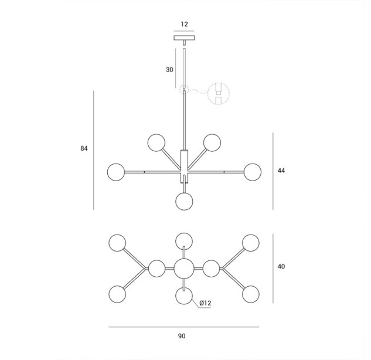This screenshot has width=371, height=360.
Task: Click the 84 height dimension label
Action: [84, 148]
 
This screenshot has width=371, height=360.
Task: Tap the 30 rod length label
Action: [169, 70]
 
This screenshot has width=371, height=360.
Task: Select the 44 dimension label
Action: [281, 171]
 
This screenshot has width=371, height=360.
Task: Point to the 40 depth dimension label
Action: [281, 267]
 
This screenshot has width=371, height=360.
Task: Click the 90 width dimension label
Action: [182, 336]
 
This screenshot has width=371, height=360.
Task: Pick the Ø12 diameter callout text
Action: [205, 303]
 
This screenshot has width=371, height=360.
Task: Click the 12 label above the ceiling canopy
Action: [184, 24]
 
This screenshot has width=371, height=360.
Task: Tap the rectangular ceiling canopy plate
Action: [184, 38]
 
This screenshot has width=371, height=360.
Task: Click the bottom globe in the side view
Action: [184, 202]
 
